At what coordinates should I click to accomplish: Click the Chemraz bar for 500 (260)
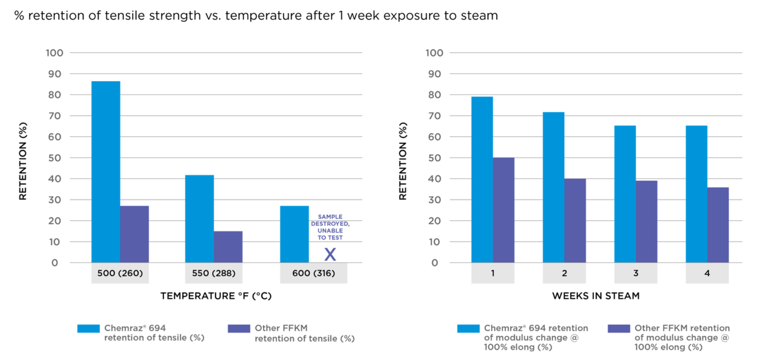[x=106, y=171]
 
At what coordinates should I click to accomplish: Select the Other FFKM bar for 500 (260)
[x=135, y=234]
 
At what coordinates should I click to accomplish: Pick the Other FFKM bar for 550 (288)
[x=228, y=247]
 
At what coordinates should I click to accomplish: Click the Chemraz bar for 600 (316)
[x=294, y=234]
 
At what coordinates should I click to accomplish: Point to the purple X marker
[x=330, y=254]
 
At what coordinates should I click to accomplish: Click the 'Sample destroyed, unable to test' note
[x=330, y=227]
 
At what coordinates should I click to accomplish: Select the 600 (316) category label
[x=313, y=274]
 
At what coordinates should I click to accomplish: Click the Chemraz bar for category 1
[x=482, y=179]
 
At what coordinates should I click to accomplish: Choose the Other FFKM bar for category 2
[x=575, y=221]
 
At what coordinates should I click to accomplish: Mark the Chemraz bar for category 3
[x=625, y=194]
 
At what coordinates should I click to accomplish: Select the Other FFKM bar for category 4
[x=718, y=225]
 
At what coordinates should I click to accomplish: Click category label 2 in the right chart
[x=564, y=274]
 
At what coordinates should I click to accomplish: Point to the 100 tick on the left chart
[x=53, y=53]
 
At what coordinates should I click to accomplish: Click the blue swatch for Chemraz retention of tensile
[x=89, y=329]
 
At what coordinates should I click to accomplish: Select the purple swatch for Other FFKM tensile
[x=239, y=329]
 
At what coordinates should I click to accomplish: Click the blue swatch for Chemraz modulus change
[x=468, y=329]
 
